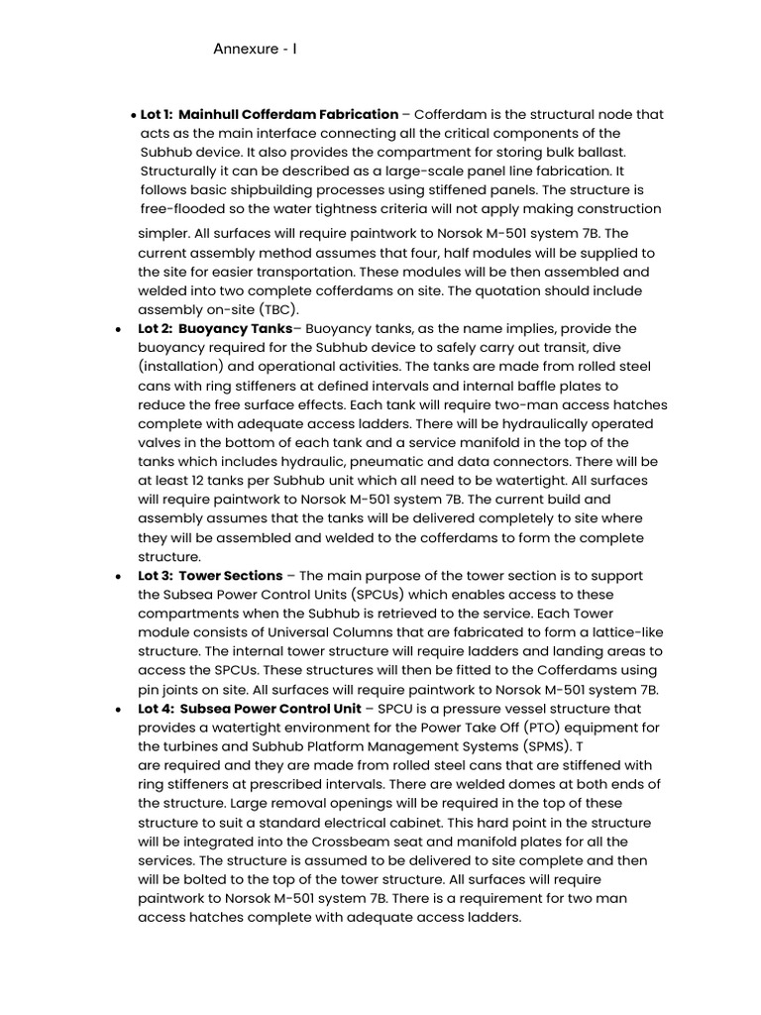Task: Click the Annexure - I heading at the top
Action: [x=256, y=50]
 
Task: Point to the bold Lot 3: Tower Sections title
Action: [x=210, y=576]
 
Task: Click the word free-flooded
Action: [x=184, y=209]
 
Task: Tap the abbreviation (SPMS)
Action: [x=550, y=747]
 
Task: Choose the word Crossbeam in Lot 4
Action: [x=331, y=843]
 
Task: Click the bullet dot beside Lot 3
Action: [x=119, y=577]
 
